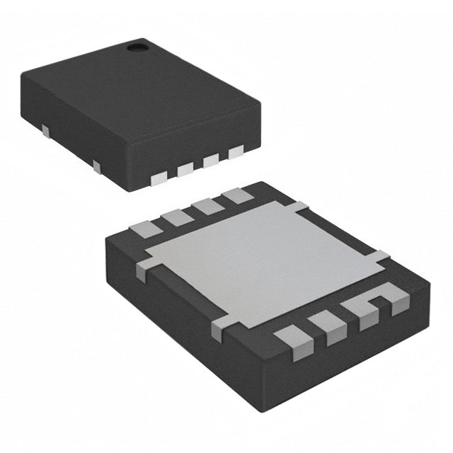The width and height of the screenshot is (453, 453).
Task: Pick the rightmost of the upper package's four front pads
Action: (x=235, y=151)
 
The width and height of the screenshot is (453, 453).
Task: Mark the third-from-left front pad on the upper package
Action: (x=211, y=161)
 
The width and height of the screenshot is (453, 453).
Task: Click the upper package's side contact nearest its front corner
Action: (x=96, y=166)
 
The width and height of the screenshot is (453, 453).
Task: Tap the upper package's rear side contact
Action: (x=45, y=130)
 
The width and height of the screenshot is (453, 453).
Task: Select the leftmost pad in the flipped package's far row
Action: (x=146, y=228)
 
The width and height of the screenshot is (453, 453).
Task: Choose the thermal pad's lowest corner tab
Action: (x=222, y=325)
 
